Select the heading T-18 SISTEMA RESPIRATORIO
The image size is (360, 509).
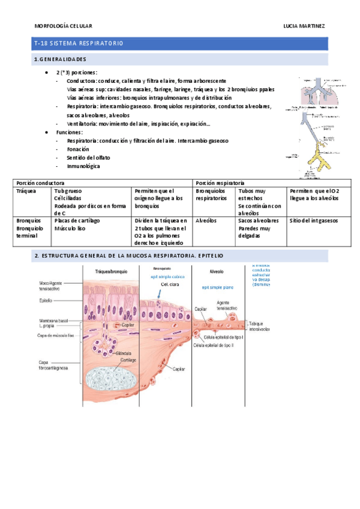(79, 44)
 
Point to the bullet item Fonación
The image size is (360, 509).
(78, 149)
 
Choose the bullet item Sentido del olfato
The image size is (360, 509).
(88, 157)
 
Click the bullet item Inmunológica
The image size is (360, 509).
(83, 166)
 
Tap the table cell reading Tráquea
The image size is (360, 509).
(26, 191)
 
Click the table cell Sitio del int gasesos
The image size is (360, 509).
(313, 220)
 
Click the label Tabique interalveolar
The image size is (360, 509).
(259, 327)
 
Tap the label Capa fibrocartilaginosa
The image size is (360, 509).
(53, 366)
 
